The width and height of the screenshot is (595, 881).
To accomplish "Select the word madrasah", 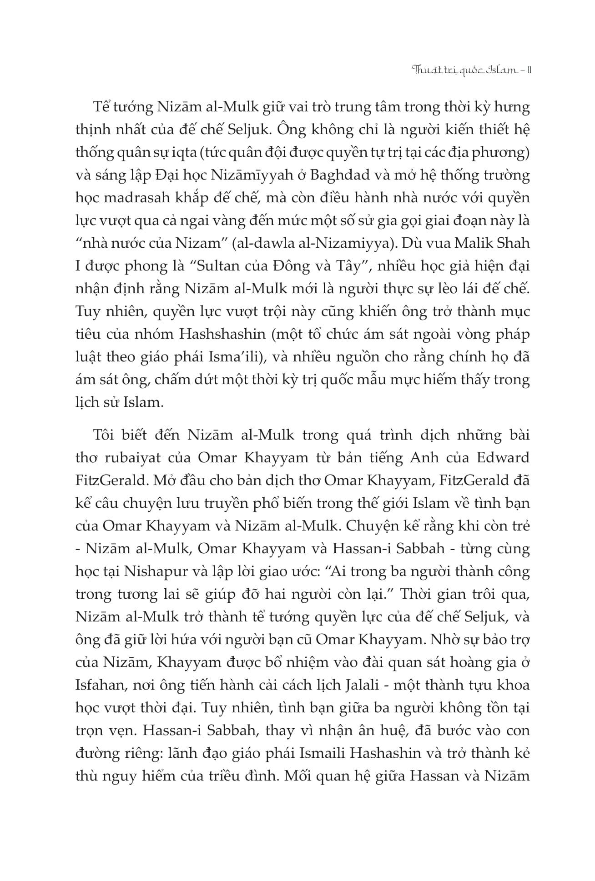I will coord(134,198).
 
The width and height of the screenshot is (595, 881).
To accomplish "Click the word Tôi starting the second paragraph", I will coord(103,435).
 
